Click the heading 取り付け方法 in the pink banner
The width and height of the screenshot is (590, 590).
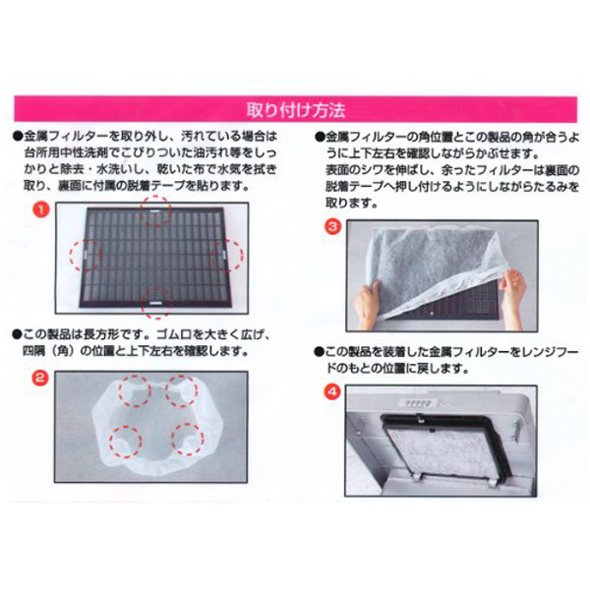(x=296, y=110)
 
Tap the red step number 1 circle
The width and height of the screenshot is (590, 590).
(x=41, y=209)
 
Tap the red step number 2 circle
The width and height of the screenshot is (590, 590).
(x=40, y=378)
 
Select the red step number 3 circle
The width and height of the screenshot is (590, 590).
(x=332, y=226)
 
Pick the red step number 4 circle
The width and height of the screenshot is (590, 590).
(x=332, y=392)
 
